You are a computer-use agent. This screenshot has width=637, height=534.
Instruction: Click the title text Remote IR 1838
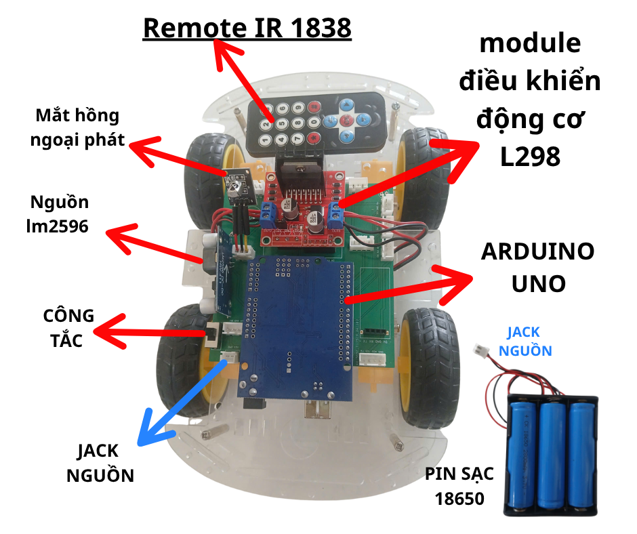[247, 28]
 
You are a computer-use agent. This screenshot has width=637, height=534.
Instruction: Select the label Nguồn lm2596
[59, 214]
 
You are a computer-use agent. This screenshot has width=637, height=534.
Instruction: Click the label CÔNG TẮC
[68, 328]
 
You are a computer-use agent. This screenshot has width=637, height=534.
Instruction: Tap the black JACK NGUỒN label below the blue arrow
[100, 463]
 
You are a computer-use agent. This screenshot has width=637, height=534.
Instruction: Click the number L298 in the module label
[531, 157]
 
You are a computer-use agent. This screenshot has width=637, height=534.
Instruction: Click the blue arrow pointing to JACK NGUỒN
[180, 404]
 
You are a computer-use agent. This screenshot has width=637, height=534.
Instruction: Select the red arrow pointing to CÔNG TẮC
[149, 332]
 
